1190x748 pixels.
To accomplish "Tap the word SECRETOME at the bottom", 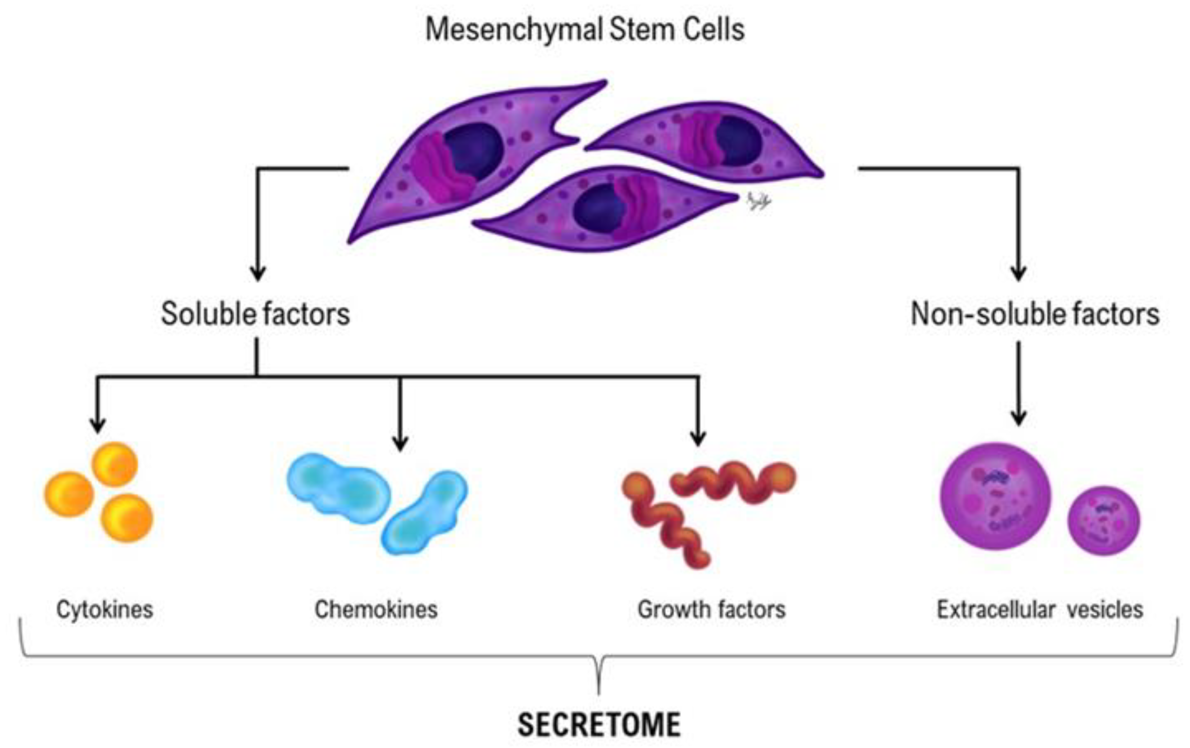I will (599, 725).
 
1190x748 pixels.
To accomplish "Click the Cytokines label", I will (105, 609).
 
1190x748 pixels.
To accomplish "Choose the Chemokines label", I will (376, 609).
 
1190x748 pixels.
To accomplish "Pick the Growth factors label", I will (712, 609).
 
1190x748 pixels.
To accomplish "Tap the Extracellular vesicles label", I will (1040, 609).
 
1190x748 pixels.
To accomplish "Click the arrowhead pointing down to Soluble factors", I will (258, 273).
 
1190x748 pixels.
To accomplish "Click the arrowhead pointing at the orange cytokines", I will (98, 425).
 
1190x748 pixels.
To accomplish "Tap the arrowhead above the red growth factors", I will (697, 438).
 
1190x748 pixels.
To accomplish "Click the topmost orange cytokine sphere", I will (115, 464).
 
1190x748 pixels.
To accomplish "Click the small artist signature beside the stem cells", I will (759, 201).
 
